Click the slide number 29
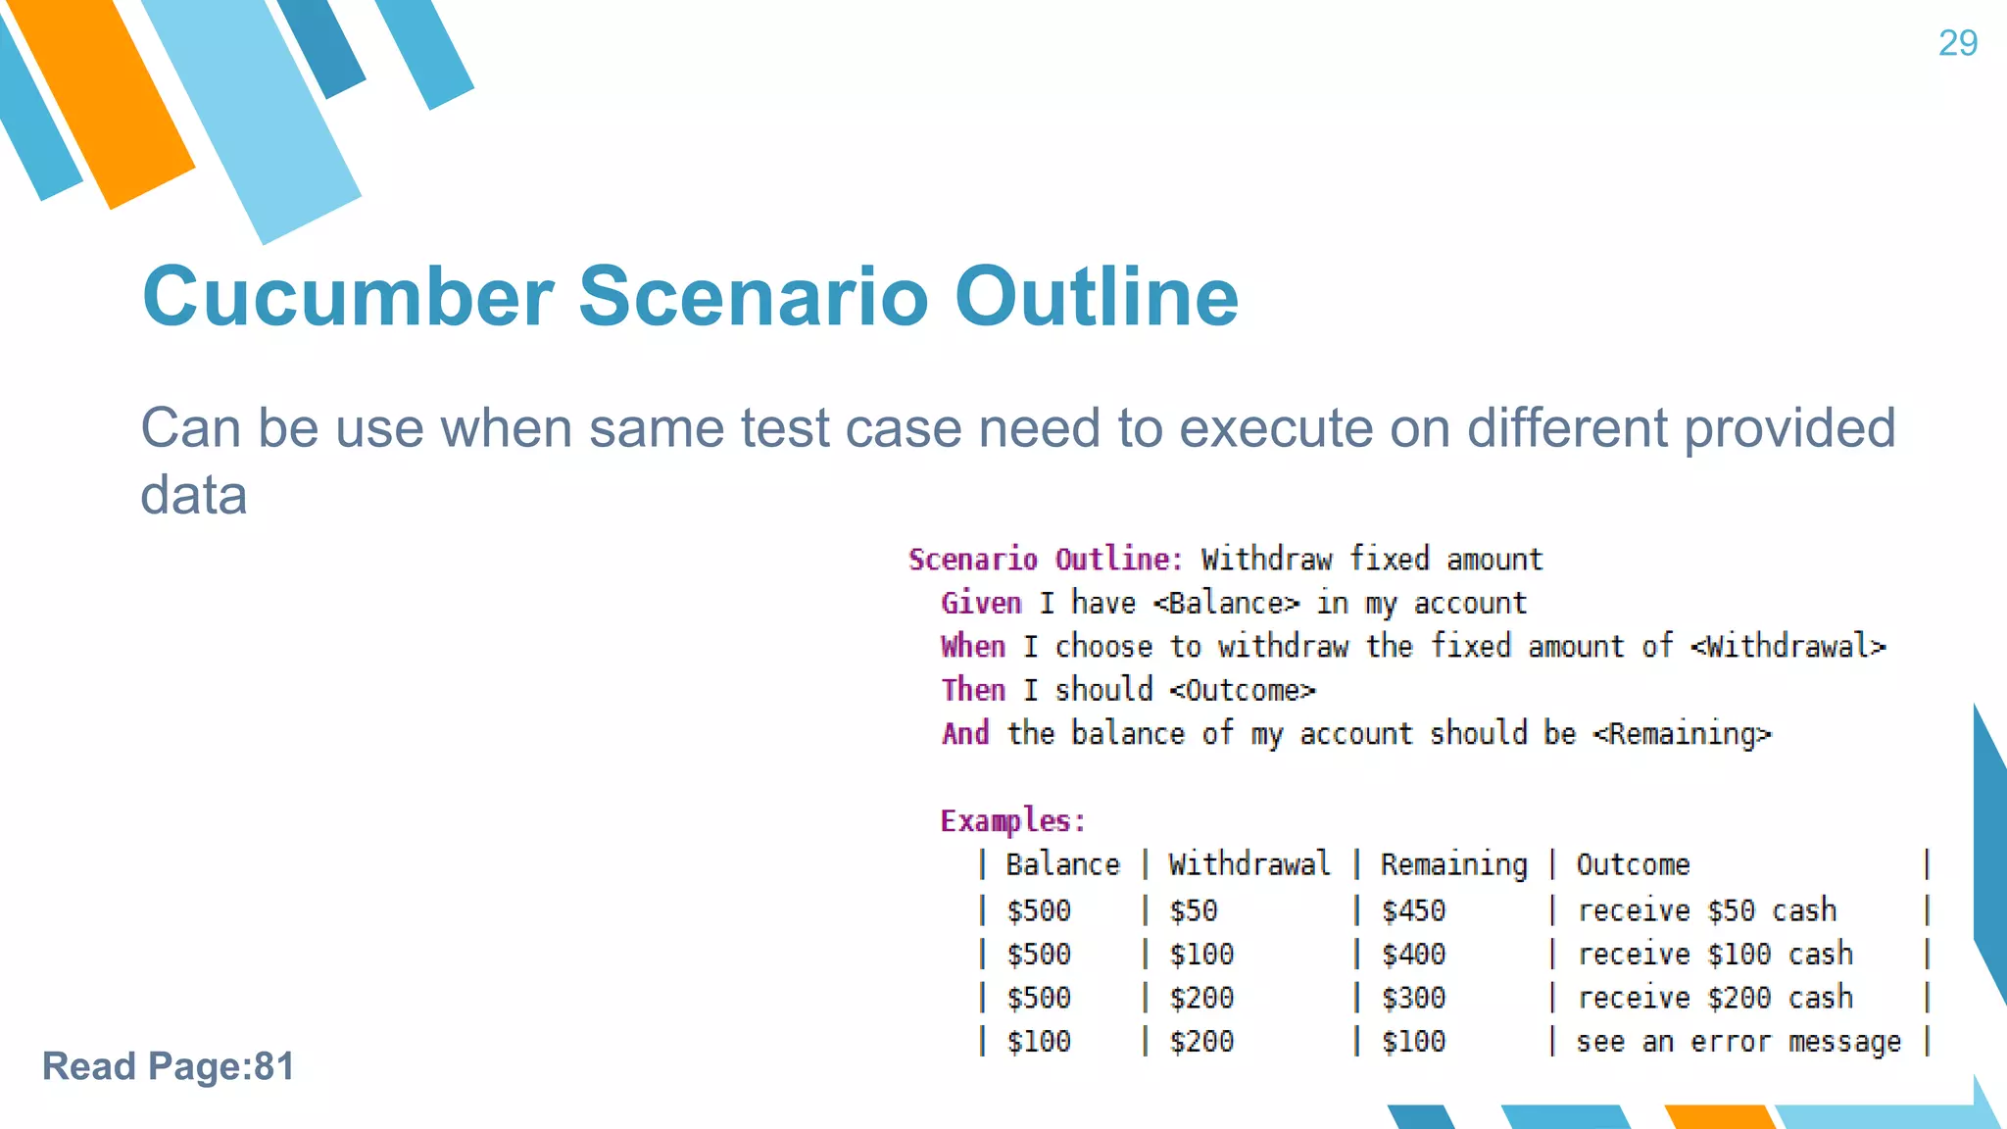tap(1957, 43)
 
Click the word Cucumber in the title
tap(348, 296)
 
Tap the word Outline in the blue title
tap(1097, 296)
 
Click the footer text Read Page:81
tap(168, 1066)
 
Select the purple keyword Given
tap(981, 603)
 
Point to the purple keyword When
tap(972, 647)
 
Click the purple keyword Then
tap(972, 690)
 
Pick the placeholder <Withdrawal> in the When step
tap(1787, 647)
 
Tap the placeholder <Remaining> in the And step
tap(1682, 734)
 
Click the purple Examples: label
tap(1012, 820)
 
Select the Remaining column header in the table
tap(1453, 864)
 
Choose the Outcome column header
tap(1633, 864)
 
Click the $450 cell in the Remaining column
tap(1413, 910)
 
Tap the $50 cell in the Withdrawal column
tap(1193, 910)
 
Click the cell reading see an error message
tap(1738, 1042)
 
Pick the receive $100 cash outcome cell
tap(1715, 954)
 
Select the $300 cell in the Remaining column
tap(1413, 998)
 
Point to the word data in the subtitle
tap(193, 495)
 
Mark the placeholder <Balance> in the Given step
tap(1227, 603)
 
